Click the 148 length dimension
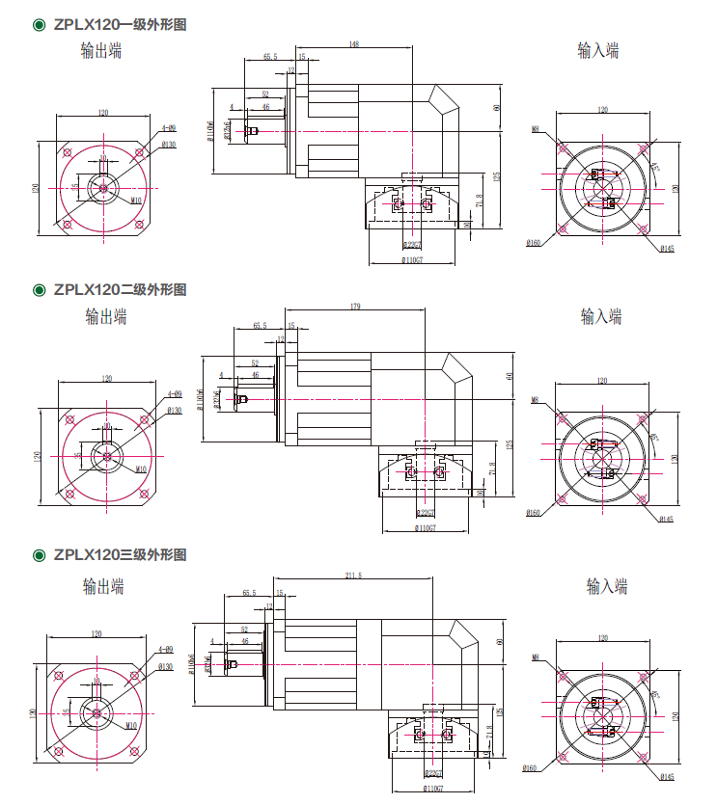tap(354, 44)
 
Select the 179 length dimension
tap(356, 307)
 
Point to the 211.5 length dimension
tap(353, 576)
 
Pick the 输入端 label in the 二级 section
tap(600, 315)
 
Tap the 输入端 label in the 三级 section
tap(607, 584)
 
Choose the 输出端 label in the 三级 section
tap(103, 584)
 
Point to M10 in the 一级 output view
tap(136, 200)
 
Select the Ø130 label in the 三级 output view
tap(164, 666)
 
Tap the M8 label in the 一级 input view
tap(535, 128)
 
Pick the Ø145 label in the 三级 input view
tap(668, 776)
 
